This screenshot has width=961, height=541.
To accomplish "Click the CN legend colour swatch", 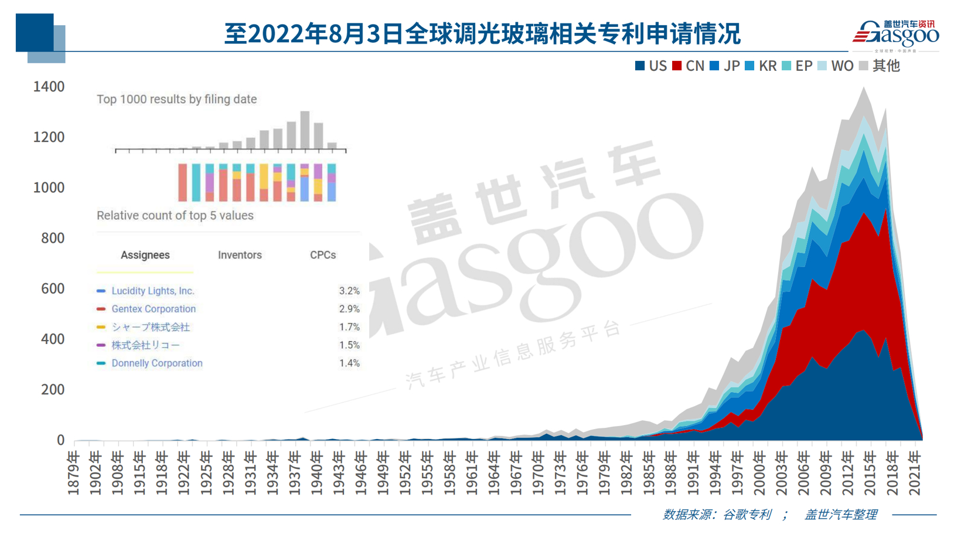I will point(677,66).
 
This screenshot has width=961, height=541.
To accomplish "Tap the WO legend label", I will point(842,66).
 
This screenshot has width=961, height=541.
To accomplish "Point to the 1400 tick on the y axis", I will point(49,87).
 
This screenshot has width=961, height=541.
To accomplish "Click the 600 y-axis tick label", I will point(53,288).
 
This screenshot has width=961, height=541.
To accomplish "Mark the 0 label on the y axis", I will point(60,440).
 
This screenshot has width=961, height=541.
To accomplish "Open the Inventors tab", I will point(240,255).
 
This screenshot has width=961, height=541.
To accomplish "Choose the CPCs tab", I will point(323,255).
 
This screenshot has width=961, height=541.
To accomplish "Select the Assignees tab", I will point(145,255).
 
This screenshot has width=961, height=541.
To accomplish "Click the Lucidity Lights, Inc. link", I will point(153,291).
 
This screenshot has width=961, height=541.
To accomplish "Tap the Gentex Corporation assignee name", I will point(154,309).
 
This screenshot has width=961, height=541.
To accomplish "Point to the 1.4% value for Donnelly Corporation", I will point(349,363).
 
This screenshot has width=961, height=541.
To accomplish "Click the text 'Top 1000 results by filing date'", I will point(176,99).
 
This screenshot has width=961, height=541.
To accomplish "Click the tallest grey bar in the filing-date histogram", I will point(305,130).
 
